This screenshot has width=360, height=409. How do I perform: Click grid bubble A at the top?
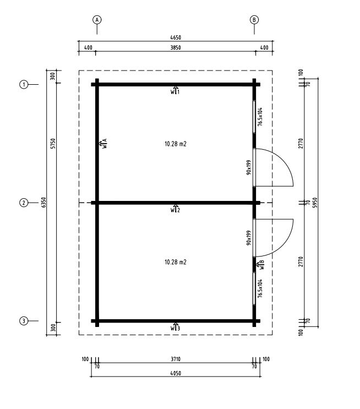[97, 20]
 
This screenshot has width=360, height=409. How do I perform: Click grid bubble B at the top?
[254, 20]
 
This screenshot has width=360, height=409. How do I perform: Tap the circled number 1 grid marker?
[24, 85]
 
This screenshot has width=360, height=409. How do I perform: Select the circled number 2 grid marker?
[24, 203]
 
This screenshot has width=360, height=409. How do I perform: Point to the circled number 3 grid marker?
[24, 321]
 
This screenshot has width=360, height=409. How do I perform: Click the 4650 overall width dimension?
[176, 37]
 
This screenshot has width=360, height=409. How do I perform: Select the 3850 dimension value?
[176, 47]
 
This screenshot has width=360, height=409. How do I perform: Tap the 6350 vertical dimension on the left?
[44, 203]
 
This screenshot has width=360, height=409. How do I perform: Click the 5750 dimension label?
[53, 144]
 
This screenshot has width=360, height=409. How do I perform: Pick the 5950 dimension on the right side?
[315, 203]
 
